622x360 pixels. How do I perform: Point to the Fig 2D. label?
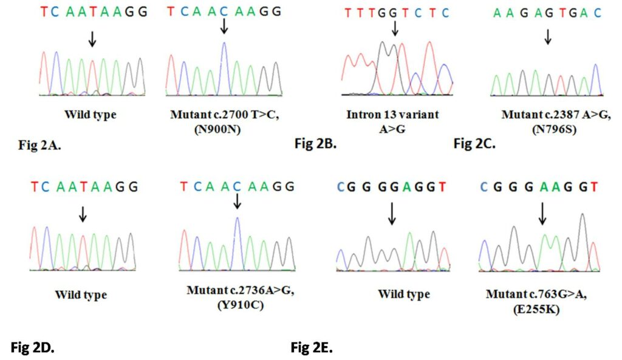click(x=33, y=347)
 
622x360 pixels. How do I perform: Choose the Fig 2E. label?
click(x=312, y=347)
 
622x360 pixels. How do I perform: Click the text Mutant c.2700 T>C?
click(x=224, y=115)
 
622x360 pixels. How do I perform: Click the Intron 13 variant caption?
click(x=394, y=114)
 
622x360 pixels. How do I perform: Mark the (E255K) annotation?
click(x=539, y=308)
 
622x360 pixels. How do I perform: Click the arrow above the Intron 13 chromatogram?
click(x=395, y=28)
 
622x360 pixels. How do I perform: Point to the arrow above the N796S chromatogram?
click(x=547, y=36)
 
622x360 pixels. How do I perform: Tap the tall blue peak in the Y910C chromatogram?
click(x=237, y=240)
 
